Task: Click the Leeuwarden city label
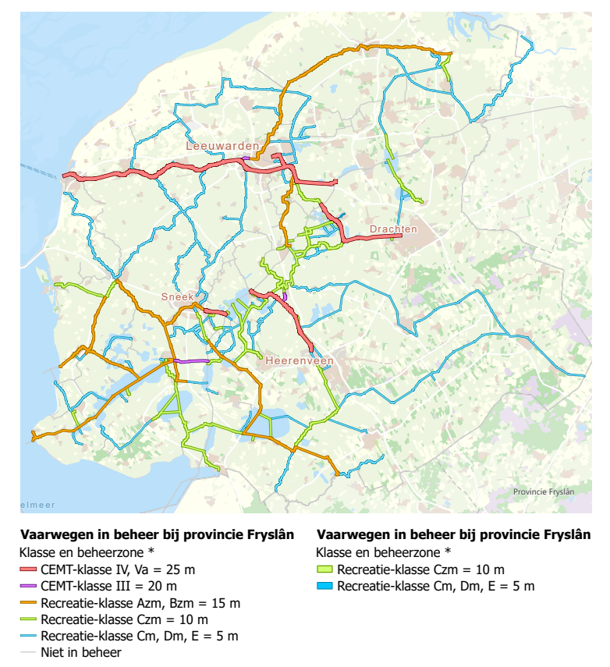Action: pyautogui.click(x=222, y=146)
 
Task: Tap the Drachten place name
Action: pyautogui.click(x=393, y=229)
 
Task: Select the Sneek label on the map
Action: pyautogui.click(x=176, y=296)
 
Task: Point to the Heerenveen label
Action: pyautogui.click(x=299, y=361)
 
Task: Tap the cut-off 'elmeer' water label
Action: pyautogui.click(x=37, y=505)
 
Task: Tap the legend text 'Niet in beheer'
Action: pyautogui.click(x=80, y=652)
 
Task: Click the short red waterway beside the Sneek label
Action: pyautogui.click(x=215, y=312)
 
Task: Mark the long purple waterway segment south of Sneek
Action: pyautogui.click(x=191, y=361)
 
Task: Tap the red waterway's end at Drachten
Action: pyautogui.click(x=400, y=236)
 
